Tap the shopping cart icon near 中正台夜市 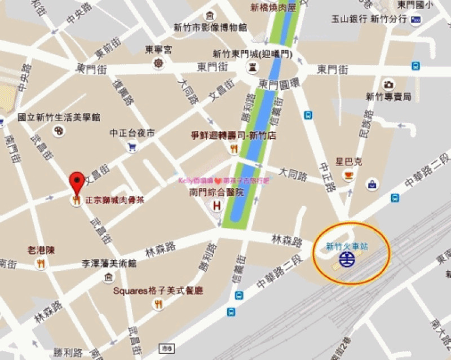coord(132,147)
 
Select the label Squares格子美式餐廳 coord(158,291)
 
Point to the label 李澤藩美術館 coord(109,263)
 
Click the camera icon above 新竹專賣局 coord(388,85)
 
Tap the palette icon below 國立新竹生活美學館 coord(59,131)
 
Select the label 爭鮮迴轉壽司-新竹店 coord(233,136)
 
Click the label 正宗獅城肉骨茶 coord(111,200)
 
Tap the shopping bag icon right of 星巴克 coord(372,184)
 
